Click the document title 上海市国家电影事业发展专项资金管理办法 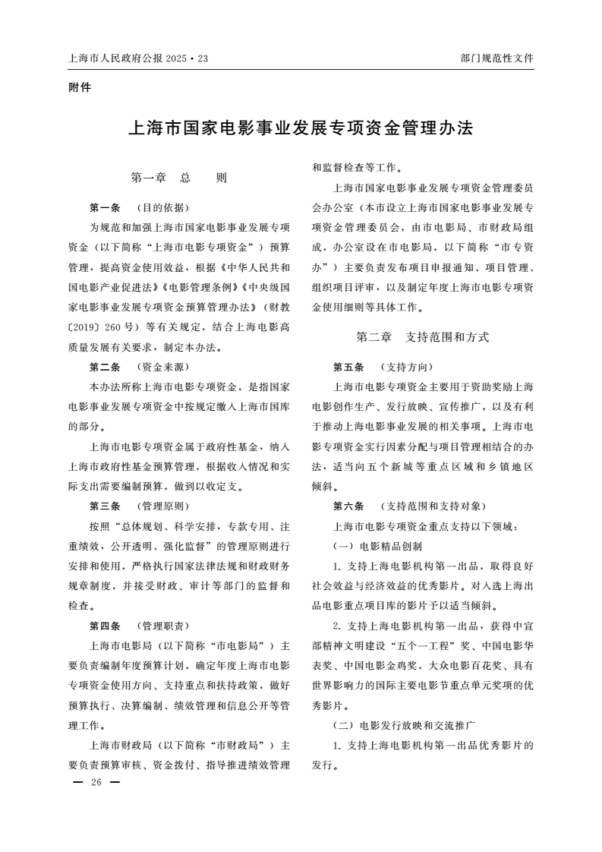point(301,128)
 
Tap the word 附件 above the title point(79,87)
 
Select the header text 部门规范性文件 point(496,58)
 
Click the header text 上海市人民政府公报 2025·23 point(137,58)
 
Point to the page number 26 point(95,782)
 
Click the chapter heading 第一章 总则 point(179,178)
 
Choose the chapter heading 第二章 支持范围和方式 point(423,336)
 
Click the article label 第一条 point(105,207)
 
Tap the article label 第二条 point(105,367)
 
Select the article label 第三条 point(105,506)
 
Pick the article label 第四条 point(105,626)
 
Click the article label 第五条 point(348,367)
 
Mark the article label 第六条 point(348,506)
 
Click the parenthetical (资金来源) point(162,367)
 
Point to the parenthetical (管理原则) point(162,506)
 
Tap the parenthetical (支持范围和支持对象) point(432,506)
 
